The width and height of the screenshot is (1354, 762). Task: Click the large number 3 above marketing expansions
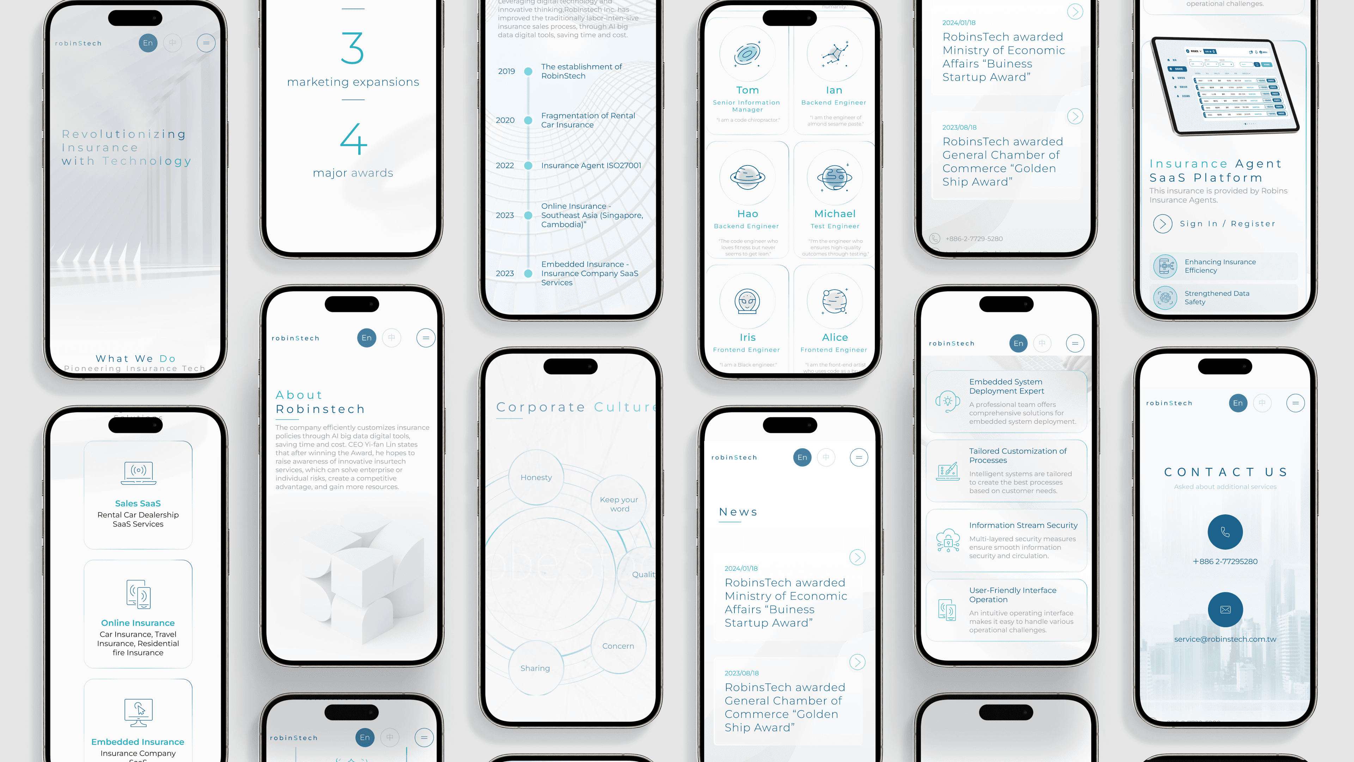(352, 48)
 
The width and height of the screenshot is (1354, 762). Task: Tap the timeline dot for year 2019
(528, 72)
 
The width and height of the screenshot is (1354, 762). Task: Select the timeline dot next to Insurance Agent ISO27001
(528, 166)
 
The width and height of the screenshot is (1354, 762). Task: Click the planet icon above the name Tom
(747, 54)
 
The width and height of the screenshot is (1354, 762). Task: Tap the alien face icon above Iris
(747, 301)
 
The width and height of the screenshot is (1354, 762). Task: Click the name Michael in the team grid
(835, 213)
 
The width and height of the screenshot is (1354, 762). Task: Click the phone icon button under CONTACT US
(1225, 532)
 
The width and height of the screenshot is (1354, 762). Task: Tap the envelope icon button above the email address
(1225, 610)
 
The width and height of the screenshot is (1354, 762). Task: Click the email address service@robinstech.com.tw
(1225, 639)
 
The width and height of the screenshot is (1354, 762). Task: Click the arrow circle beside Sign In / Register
(1162, 224)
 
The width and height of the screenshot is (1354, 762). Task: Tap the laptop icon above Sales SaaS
(138, 473)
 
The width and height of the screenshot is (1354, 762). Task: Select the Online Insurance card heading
(138, 623)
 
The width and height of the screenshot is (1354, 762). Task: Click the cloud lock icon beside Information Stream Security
(948, 540)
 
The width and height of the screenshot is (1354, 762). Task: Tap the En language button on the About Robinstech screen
(366, 338)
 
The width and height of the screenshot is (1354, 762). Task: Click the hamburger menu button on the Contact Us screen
(1295, 403)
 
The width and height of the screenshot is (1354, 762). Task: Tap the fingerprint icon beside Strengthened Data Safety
(1165, 298)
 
